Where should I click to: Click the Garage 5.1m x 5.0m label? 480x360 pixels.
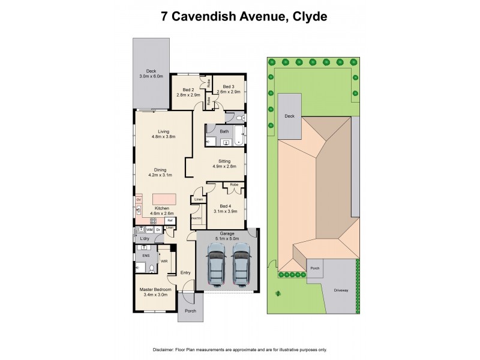click(227, 236)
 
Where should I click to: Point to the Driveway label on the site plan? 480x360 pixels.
click(341, 290)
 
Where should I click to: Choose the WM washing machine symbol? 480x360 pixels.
click(149, 230)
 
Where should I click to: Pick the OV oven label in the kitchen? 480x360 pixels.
click(139, 200)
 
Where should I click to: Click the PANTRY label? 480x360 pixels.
click(196, 218)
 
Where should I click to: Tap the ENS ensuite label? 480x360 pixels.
click(145, 255)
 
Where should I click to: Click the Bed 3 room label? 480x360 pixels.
click(229, 89)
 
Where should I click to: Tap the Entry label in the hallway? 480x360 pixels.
click(185, 272)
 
